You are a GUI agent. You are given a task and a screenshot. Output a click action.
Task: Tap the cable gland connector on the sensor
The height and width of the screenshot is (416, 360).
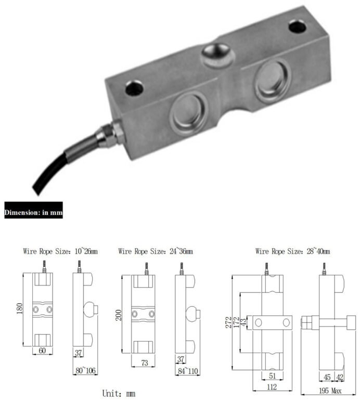pyautogui.click(x=109, y=133)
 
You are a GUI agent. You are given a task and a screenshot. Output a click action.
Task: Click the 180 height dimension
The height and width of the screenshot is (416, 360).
pyautogui.click(x=20, y=310)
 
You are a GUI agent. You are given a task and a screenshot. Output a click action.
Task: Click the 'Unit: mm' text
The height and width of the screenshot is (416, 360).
pyautogui.click(x=119, y=394)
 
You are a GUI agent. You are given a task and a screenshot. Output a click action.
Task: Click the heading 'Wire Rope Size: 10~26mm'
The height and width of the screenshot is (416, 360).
pyautogui.click(x=61, y=251)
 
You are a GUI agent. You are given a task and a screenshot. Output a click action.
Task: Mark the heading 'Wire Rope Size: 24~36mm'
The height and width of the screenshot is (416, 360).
pyautogui.click(x=156, y=251)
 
